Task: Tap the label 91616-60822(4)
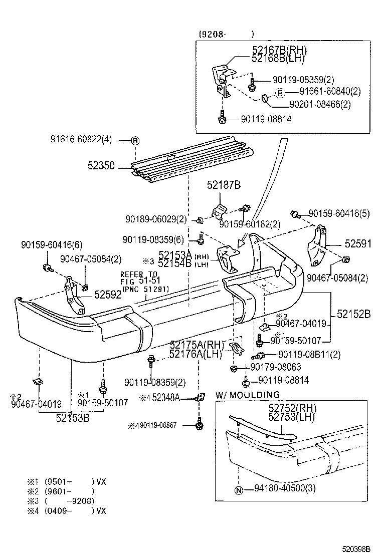81,140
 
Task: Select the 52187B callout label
224,185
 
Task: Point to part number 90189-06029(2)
156,219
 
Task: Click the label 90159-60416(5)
338,213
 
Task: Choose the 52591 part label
357,244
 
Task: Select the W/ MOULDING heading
248,395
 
